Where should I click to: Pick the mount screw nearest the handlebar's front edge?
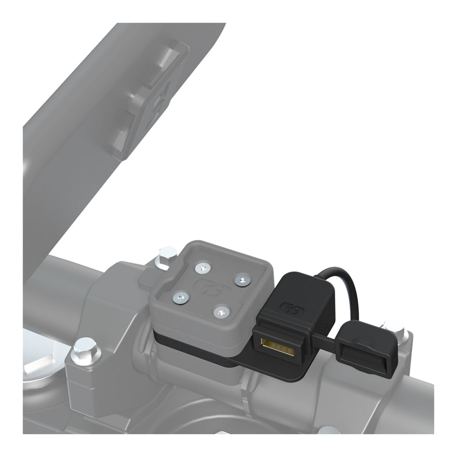(221, 313)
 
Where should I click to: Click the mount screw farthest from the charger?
(179, 298)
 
